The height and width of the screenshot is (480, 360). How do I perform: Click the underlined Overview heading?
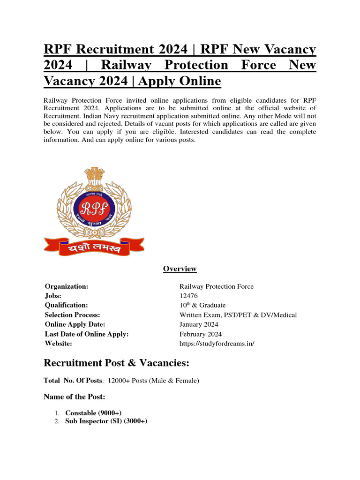180,269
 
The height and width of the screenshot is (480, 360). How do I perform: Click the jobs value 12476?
188,296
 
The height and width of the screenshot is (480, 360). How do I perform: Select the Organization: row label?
67,286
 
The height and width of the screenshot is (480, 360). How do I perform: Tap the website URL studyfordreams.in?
217,344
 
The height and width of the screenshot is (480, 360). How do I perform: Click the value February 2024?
201,334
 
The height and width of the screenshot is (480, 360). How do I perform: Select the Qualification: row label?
66,305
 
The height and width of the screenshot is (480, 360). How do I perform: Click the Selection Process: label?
72,315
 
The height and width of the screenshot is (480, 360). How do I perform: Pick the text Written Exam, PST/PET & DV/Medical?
238,315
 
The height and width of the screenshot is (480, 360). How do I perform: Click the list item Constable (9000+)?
93,413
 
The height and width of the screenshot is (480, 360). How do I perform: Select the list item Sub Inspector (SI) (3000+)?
106,421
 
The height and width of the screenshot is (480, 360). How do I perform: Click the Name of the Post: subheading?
71,397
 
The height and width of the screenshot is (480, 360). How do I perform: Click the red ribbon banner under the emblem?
94,246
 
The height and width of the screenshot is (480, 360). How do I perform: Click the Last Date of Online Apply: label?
86,334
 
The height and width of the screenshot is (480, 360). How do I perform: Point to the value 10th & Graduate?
202,305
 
